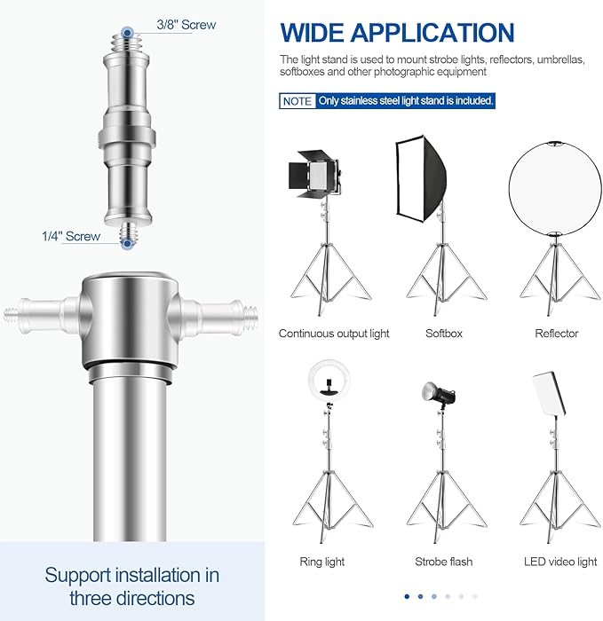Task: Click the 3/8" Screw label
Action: (x=186, y=25)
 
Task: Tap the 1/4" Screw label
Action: (x=71, y=237)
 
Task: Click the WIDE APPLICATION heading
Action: (x=397, y=33)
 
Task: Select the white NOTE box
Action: (x=298, y=101)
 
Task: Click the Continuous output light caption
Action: (x=334, y=334)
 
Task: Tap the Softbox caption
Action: (x=444, y=334)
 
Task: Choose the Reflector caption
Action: (x=556, y=334)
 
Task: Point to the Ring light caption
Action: (x=323, y=562)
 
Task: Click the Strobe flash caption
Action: (x=444, y=562)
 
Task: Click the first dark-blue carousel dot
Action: (x=407, y=596)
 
